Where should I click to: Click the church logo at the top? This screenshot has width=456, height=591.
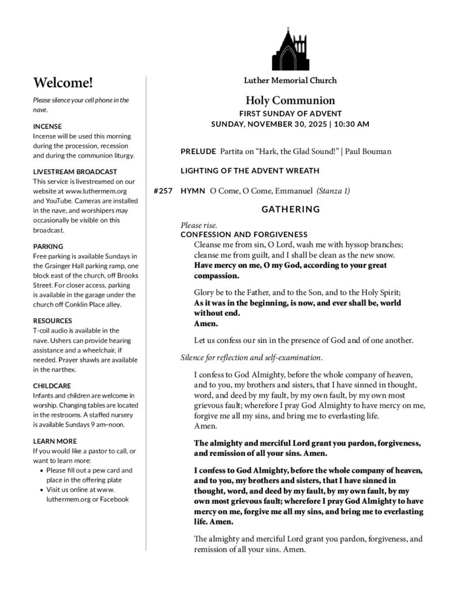point(290,48)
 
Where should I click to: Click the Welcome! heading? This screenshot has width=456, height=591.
point(63,83)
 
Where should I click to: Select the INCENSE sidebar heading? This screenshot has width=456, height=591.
point(47,126)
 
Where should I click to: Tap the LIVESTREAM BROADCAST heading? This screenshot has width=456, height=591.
point(75,171)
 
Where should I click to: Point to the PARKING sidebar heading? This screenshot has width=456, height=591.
point(48,246)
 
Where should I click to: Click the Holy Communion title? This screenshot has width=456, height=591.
point(290,100)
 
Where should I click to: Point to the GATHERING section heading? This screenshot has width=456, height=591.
point(291,210)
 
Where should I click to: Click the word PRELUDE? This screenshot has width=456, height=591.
point(198,152)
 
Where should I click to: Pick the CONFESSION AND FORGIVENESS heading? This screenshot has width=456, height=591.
point(244,234)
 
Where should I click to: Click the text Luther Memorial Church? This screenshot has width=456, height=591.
point(290,80)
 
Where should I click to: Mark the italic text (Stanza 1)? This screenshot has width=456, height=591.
point(333,190)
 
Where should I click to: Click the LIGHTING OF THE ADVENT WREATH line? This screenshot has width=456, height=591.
point(250,171)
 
